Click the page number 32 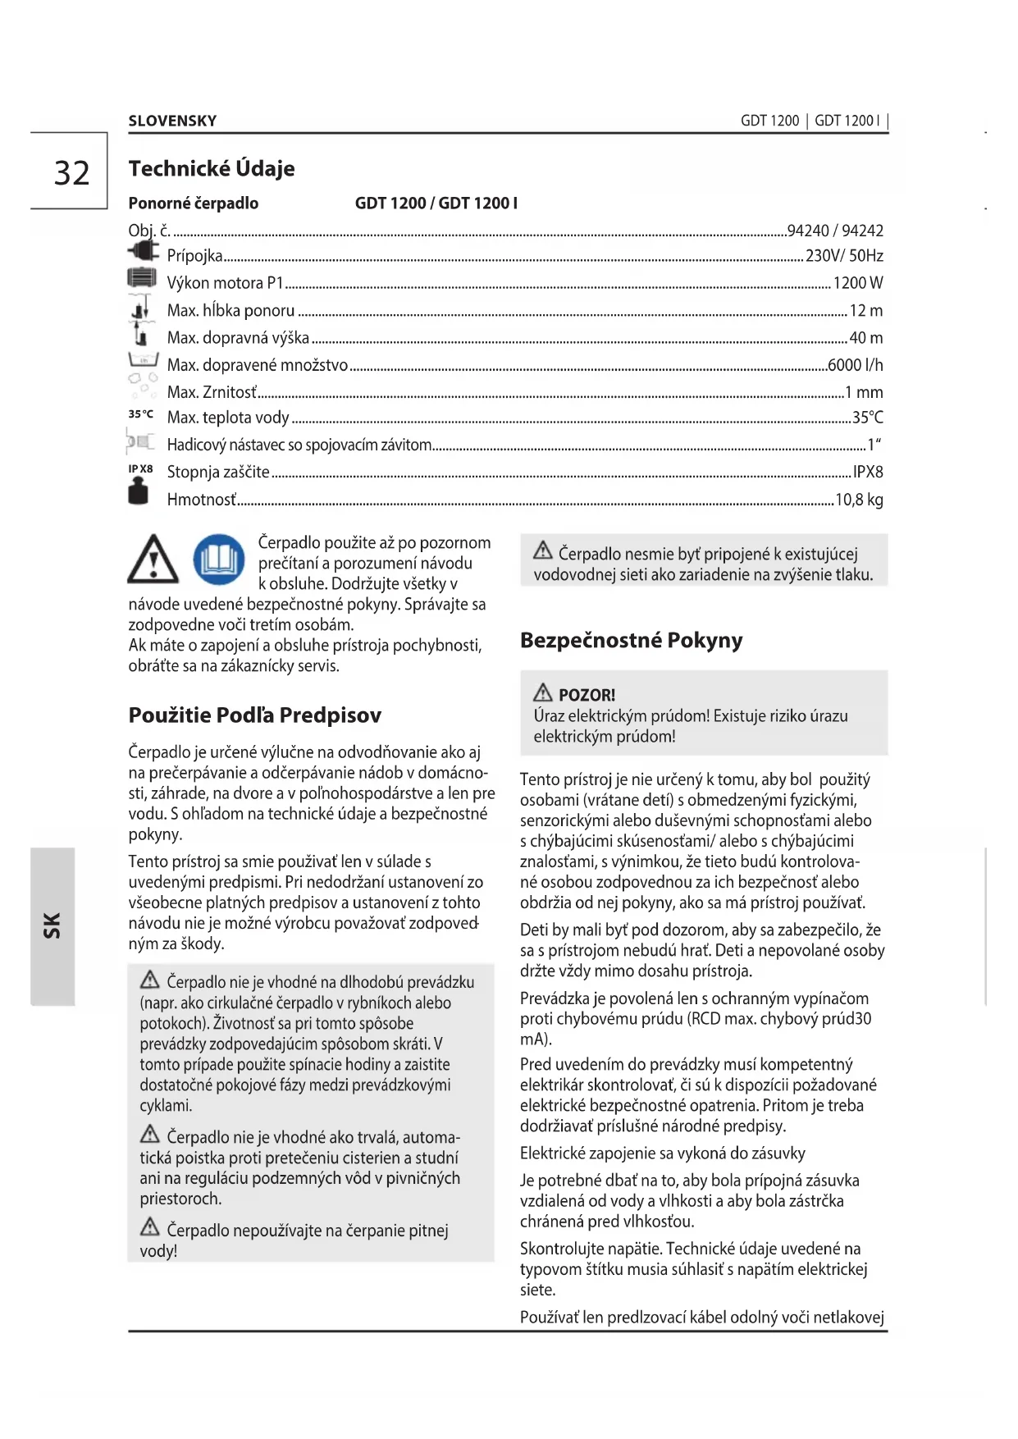coord(71,173)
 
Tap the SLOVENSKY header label coord(172,121)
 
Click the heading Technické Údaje coord(212,168)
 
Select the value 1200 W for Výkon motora coord(858,283)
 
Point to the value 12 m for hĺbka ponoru coord(866,311)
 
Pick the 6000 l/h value coord(856,365)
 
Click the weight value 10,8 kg coord(859,500)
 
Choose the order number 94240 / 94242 coord(835,231)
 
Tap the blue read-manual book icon coord(219,560)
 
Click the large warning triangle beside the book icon coord(153,560)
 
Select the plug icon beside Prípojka coord(143,250)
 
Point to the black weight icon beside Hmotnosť coord(139,492)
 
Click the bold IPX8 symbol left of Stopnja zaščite coord(140,469)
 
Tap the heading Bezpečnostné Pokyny coord(631,640)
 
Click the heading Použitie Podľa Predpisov coord(254,715)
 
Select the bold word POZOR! coord(587,695)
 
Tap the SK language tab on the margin coord(52,925)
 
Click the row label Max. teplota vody coord(228,418)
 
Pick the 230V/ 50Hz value coord(844,256)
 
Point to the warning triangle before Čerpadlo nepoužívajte coord(150,1227)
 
